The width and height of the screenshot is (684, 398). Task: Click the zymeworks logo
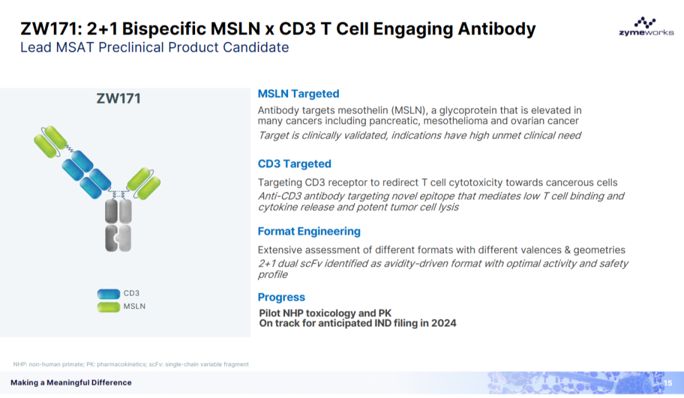tap(645, 29)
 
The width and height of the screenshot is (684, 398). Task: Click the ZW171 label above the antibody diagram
tap(118, 98)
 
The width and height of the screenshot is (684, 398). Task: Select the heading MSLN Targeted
tap(298, 94)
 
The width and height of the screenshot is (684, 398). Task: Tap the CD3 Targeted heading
tap(294, 164)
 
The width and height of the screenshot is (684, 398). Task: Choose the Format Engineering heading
tap(309, 231)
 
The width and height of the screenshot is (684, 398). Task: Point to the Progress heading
tap(281, 297)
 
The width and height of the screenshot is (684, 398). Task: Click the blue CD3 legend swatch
tap(109, 293)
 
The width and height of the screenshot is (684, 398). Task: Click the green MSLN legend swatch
tap(109, 307)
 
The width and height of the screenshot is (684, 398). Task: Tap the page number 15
tap(668, 382)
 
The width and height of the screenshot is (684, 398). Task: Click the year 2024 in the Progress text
tap(443, 323)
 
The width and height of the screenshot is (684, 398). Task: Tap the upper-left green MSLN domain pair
tap(51, 143)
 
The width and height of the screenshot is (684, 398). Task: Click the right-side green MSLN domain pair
tap(144, 181)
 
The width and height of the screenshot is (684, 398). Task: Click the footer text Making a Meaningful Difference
tap(71, 382)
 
